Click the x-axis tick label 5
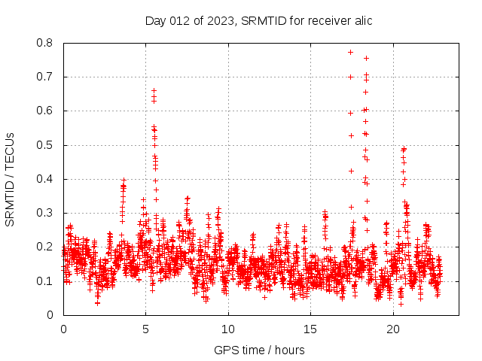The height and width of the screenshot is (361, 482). point(146,329)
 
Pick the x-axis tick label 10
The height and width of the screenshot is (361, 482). point(228,329)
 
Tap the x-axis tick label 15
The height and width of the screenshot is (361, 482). point(310,329)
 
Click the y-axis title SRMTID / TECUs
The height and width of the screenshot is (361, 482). point(10,179)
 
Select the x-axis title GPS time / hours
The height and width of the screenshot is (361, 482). point(259,350)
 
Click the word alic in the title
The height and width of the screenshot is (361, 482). point(361,20)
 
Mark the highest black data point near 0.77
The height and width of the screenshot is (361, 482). point(350,52)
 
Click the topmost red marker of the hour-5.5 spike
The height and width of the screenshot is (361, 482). point(154,91)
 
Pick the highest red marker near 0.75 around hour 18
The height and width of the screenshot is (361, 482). point(366,58)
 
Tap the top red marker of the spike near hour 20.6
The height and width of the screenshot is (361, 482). point(404,149)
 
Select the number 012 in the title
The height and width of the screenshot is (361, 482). point(181,20)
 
